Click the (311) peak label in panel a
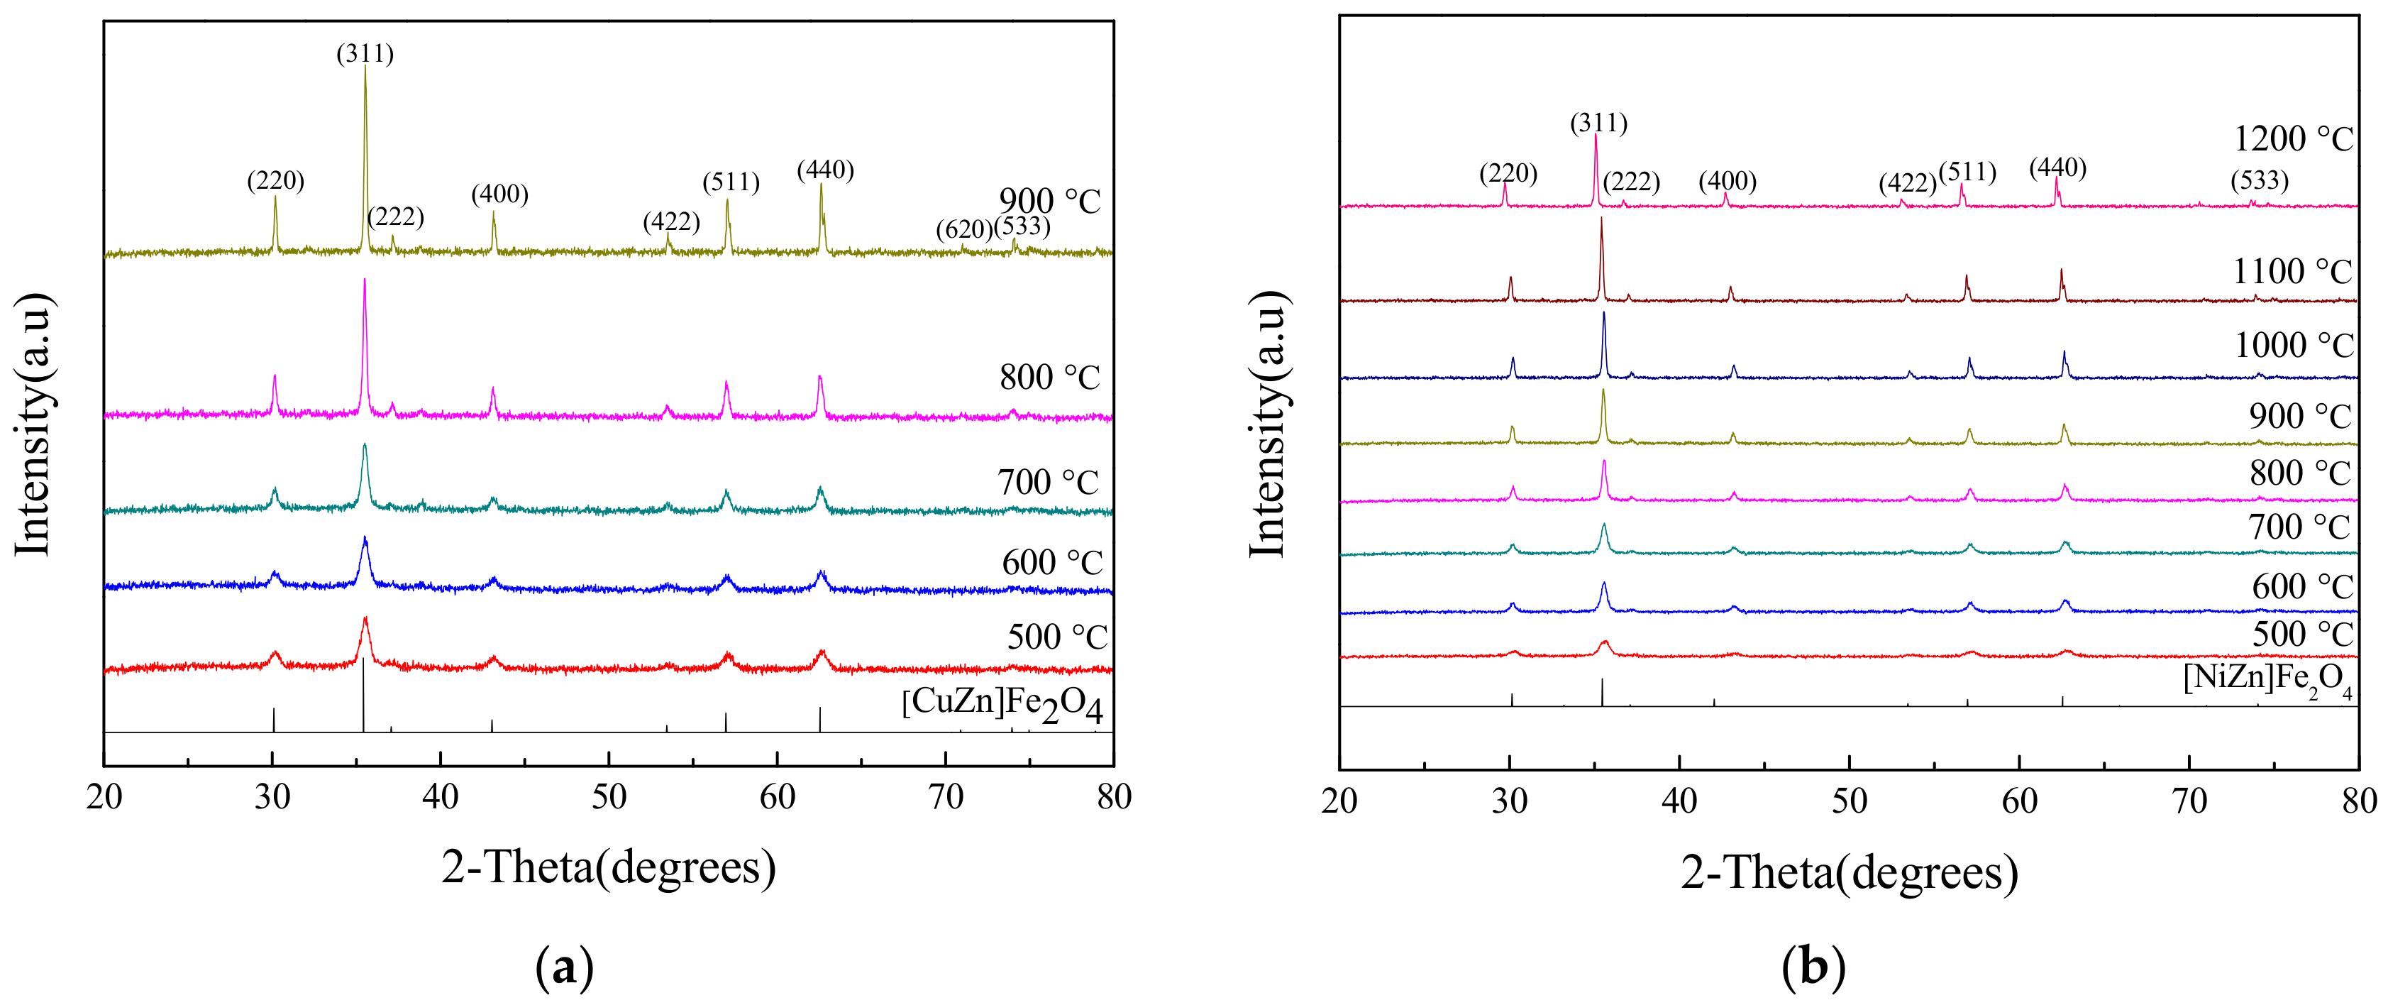(365, 54)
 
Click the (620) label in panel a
(963, 229)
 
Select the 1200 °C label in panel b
(2292, 139)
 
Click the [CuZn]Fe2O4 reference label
(1001, 705)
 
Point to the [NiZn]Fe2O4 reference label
(2266, 679)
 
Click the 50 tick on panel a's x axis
(608, 797)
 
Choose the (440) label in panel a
(825, 170)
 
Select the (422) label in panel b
(1907, 184)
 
